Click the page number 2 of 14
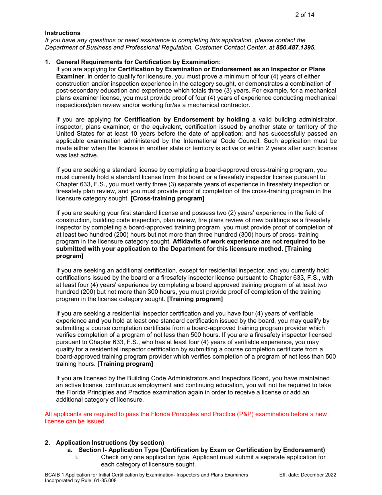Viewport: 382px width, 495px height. tap(304, 15)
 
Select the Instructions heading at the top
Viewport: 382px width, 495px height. tap(62, 33)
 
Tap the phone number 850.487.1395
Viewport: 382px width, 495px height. tap(296, 47)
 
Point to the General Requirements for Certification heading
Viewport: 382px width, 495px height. tap(138, 62)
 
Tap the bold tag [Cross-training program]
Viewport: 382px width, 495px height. tap(167, 198)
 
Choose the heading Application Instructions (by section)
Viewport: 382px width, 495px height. tap(110, 443)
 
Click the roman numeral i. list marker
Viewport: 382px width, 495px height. tap(76, 457)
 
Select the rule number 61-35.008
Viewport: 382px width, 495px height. tap(104, 481)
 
